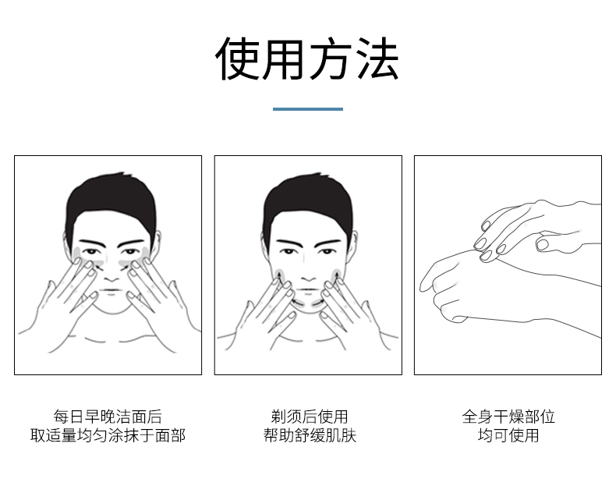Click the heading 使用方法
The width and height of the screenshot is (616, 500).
click(307, 59)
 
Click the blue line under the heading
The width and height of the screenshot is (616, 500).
click(307, 109)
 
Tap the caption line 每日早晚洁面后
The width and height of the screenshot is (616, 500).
click(108, 417)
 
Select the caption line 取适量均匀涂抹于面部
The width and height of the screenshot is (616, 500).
click(108, 435)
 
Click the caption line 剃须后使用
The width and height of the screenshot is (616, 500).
click(310, 417)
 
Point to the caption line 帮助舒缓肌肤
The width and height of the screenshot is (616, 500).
click(310, 435)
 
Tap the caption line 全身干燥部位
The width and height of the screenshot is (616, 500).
click(508, 417)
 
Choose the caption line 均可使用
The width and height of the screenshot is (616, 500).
click(508, 435)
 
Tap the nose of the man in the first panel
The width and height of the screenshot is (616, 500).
click(112, 273)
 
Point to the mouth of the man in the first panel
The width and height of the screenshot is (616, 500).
click(112, 291)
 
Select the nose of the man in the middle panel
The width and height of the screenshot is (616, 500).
click(310, 273)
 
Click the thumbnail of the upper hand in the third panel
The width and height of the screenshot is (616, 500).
click(543, 244)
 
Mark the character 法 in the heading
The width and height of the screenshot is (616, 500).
click(379, 59)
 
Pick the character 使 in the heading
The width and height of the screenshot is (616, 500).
click(237, 59)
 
